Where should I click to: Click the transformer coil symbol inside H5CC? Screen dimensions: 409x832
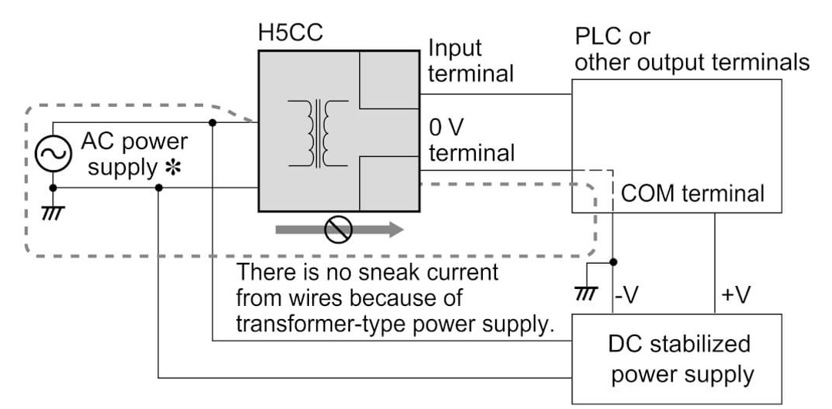[x=317, y=135]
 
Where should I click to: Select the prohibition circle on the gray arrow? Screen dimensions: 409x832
[x=339, y=228]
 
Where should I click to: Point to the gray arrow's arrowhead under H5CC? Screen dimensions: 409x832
[x=394, y=228]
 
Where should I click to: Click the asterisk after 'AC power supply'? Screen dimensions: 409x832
[x=171, y=168]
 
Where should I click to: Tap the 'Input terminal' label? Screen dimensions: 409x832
[x=470, y=61]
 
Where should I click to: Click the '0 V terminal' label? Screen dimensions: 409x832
[x=471, y=139]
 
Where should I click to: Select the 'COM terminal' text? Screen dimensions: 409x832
[x=692, y=193]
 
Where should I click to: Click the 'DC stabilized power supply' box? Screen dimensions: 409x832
[x=678, y=358]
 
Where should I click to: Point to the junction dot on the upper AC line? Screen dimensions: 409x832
[x=212, y=122]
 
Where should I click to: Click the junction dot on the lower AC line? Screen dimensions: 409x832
[x=158, y=187]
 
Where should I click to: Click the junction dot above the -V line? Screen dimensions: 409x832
[x=612, y=261]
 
